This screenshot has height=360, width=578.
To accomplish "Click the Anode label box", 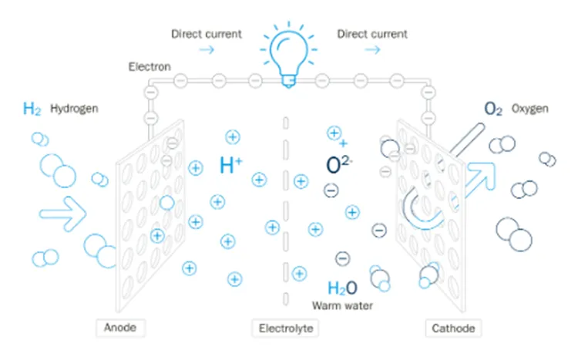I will tap(119, 328).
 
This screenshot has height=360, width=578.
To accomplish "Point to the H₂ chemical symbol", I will tap(32, 109).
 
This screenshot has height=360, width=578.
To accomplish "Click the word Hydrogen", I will tap(74, 109).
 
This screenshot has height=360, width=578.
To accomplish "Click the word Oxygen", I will tap(529, 109).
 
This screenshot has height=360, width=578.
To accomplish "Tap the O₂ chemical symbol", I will tap(494, 109).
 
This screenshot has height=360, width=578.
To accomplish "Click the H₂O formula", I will tap(342, 288).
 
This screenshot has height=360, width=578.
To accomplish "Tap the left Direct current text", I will tap(207, 34).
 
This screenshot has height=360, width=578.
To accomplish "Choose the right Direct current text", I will tap(372, 34).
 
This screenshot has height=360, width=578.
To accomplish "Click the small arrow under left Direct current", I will tap(207, 49).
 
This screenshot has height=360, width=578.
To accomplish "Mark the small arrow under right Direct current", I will tap(372, 49).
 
